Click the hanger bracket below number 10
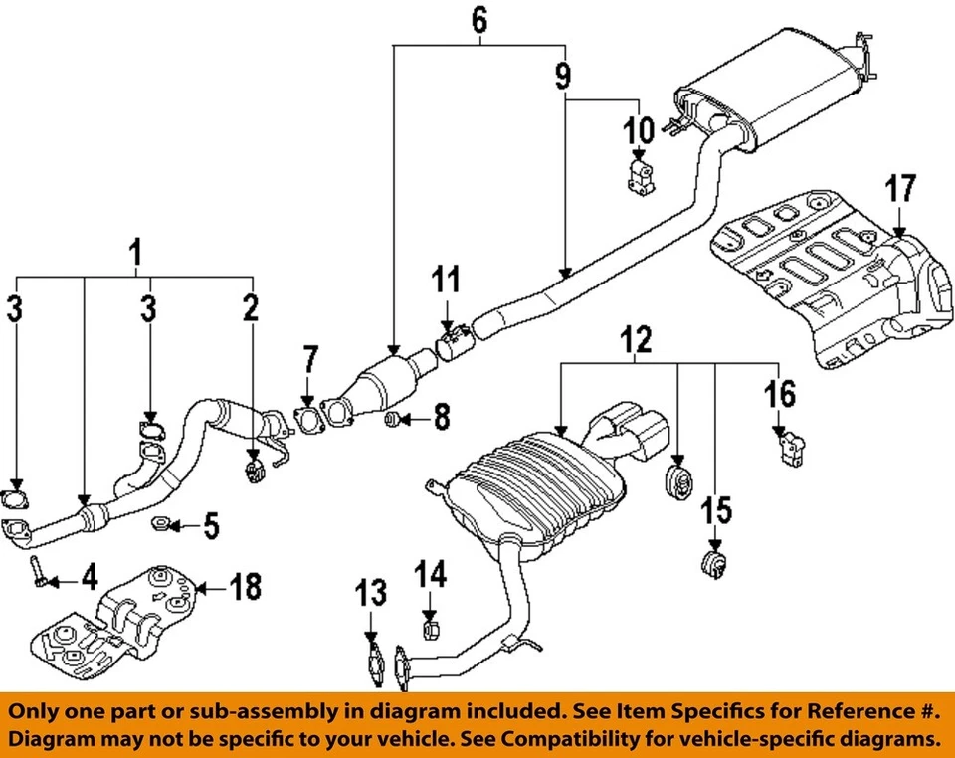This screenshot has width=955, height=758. click(x=638, y=178)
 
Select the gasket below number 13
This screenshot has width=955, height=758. click(x=373, y=663)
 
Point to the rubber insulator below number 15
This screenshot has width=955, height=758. click(x=712, y=564)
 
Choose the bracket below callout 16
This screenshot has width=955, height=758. click(x=790, y=448)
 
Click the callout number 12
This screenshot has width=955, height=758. click(x=637, y=341)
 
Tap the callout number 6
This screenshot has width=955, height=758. click(x=479, y=19)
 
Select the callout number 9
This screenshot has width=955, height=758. click(x=564, y=73)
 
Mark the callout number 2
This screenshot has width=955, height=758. click(x=249, y=306)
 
